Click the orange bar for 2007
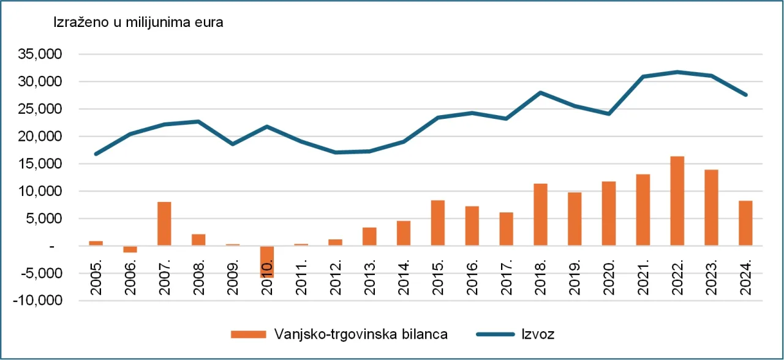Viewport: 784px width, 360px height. (x=164, y=223)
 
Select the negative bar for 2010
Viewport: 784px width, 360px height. (x=267, y=262)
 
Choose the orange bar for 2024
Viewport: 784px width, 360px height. (x=745, y=223)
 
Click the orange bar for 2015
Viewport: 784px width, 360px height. (x=437, y=223)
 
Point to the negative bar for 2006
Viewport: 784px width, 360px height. (x=130, y=249)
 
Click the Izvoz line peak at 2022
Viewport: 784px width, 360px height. (x=677, y=72)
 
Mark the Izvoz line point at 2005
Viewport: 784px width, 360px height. (x=96, y=154)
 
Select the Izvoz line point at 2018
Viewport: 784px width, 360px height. (x=540, y=92)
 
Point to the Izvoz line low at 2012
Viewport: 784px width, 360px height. (x=335, y=152)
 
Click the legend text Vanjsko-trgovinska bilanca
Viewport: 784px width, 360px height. (x=361, y=334)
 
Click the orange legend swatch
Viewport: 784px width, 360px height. (x=249, y=334)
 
